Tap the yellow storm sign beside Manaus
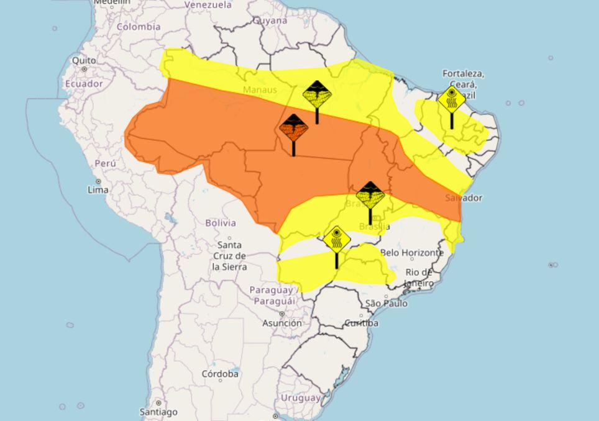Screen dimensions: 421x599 (x=317, y=95)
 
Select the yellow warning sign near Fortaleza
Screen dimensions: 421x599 (x=452, y=99)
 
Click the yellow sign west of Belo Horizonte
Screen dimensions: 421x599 (x=337, y=240)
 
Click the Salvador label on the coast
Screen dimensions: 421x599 (x=464, y=197)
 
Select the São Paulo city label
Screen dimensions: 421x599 (x=386, y=303)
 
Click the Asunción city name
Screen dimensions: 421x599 (x=283, y=323)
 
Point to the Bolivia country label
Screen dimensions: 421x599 (x=221, y=222)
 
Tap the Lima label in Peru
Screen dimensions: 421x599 (x=98, y=189)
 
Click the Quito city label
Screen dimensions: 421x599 (x=84, y=60)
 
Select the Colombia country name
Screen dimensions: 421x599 (x=139, y=27)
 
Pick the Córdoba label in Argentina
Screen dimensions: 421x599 (x=221, y=374)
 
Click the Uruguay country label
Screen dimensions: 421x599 (x=301, y=397)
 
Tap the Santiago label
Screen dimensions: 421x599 (x=158, y=412)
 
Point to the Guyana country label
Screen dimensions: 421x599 (x=270, y=20)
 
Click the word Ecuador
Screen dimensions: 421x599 (x=84, y=83)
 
